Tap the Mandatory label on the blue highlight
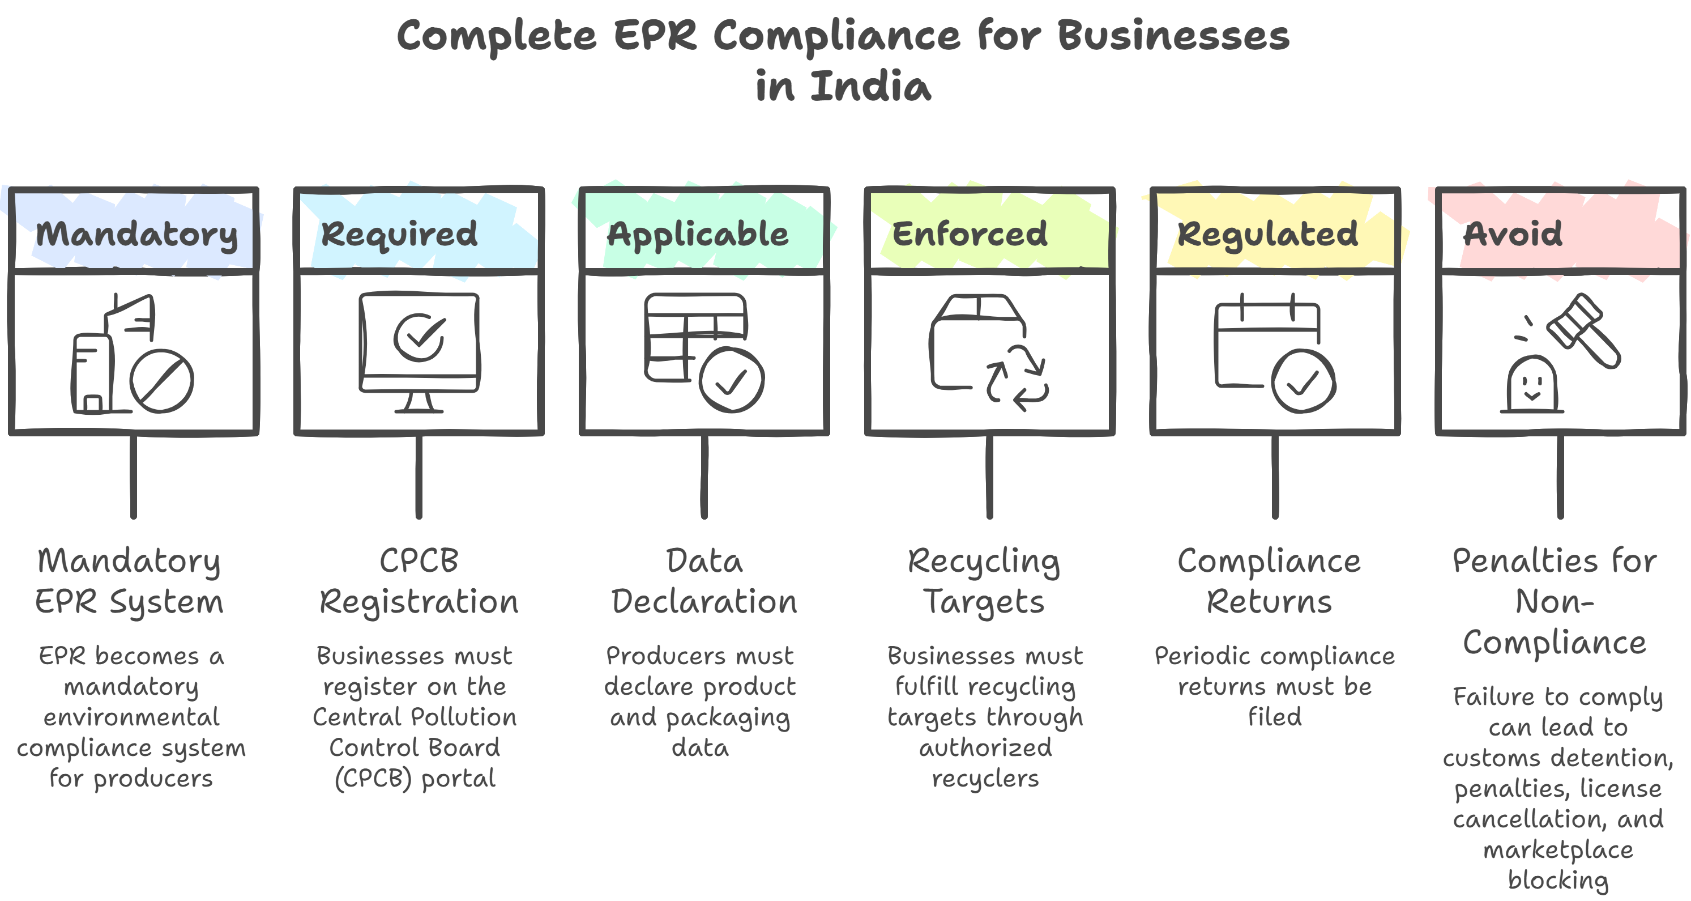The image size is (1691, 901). [x=136, y=234]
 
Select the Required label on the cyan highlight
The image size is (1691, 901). [x=399, y=234]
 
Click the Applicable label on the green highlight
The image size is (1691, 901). [x=697, y=234]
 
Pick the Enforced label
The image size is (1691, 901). [x=970, y=234]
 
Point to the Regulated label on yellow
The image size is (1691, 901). [x=1267, y=234]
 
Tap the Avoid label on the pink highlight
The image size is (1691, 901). [x=1514, y=234]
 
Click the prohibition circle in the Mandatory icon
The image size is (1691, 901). [x=161, y=381]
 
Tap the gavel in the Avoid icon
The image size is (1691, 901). [x=1584, y=330]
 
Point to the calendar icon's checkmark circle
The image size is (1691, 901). [x=1303, y=381]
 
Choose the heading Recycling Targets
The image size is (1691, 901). [x=983, y=581]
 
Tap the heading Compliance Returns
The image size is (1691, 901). [x=1269, y=581]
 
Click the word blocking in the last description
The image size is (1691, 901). [x=1558, y=880]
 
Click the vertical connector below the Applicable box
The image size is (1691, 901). [x=704, y=476]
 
